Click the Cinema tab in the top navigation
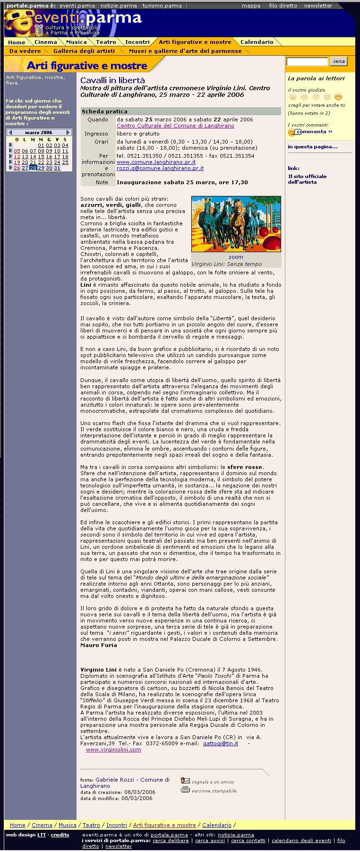pyautogui.click(x=45, y=42)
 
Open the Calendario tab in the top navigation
pyautogui.click(x=257, y=42)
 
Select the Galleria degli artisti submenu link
pyautogui.click(x=84, y=51)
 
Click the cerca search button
pyautogui.click(x=339, y=61)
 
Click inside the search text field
pyautogui.click(x=307, y=61)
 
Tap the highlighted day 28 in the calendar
pyautogui.click(x=33, y=168)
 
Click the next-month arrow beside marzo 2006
pyautogui.click(x=68, y=133)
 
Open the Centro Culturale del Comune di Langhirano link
pyautogui.click(x=175, y=126)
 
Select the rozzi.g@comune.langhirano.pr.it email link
pyautogui.click(x=160, y=168)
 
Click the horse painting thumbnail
pyautogui.click(x=236, y=224)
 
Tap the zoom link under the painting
pyautogui.click(x=236, y=257)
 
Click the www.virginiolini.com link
pyautogui.click(x=113, y=750)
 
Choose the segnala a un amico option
pyautogui.click(x=212, y=782)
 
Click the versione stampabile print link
pyautogui.click(x=214, y=791)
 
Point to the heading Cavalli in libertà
pyautogui.click(x=112, y=80)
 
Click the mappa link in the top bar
pyautogui.click(x=251, y=6)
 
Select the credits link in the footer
pyautogui.click(x=60, y=835)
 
